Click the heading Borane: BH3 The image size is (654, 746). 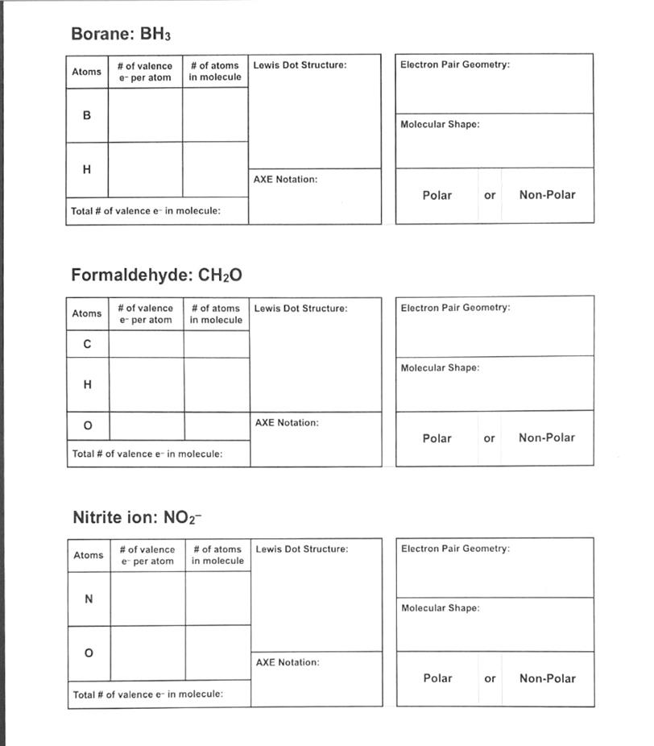[x=121, y=34]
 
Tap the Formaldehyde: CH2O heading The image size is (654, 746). [x=156, y=276]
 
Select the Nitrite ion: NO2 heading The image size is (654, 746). [x=137, y=517]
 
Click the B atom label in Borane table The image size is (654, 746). [x=87, y=115]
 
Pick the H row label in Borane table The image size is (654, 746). [x=87, y=169]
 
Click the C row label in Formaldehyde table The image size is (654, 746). [x=87, y=344]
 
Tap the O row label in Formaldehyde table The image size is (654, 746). [x=88, y=425]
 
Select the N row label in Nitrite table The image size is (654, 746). [x=89, y=599]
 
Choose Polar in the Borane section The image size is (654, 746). [x=437, y=195]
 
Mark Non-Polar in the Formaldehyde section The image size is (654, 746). [x=547, y=438]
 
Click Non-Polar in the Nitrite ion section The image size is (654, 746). [x=548, y=678]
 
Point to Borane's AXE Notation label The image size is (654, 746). [x=285, y=180]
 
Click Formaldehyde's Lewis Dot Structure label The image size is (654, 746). [x=301, y=309]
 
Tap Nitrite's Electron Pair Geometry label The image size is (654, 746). [x=455, y=549]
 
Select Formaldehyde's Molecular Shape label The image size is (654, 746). [x=440, y=368]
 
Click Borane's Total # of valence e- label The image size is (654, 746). [x=146, y=211]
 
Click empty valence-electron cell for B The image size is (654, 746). [x=145, y=115]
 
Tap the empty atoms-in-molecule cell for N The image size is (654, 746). [x=217, y=599]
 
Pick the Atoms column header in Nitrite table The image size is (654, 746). [x=89, y=555]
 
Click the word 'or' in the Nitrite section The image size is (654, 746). [x=490, y=678]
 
